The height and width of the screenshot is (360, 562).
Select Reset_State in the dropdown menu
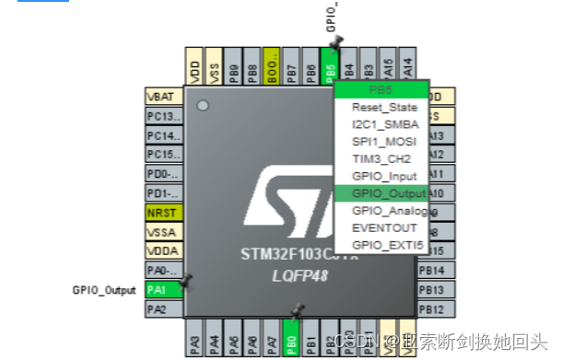pos(383,107)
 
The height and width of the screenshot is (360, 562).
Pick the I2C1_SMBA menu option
pos(383,124)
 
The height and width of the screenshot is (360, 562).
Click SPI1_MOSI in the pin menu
pos(383,142)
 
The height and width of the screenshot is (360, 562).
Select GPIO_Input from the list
pos(383,176)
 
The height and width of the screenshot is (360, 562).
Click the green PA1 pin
pos(158,289)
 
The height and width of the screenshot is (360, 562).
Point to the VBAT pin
pos(160,97)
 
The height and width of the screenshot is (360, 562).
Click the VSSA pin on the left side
pos(160,232)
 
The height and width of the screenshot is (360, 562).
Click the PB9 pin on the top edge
pos(234,68)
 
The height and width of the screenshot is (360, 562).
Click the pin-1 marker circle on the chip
pos(202,107)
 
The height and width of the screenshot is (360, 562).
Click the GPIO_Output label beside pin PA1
pos(104,289)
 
